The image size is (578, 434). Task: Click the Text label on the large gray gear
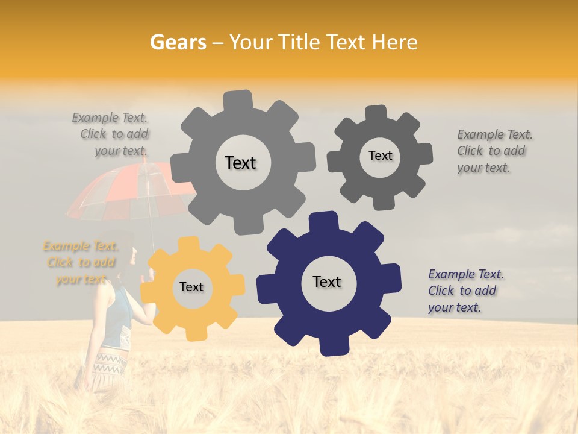(x=240, y=163)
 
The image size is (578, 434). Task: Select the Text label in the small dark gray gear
(x=380, y=156)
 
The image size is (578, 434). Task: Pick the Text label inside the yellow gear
(x=191, y=287)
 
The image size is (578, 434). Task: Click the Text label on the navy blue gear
(x=327, y=281)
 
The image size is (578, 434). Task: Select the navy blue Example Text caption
(x=465, y=291)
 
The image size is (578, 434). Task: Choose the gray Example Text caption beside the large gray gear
(x=111, y=134)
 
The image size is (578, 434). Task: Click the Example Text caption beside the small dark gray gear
(x=494, y=151)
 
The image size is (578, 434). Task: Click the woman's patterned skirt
(x=108, y=368)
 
